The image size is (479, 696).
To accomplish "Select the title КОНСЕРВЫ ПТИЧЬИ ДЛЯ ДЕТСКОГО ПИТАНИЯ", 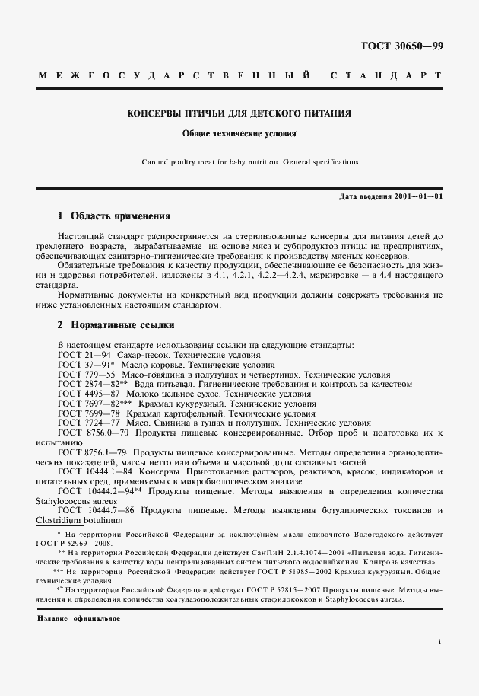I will point(239,113).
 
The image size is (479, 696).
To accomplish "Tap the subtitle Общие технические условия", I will point(239,132).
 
